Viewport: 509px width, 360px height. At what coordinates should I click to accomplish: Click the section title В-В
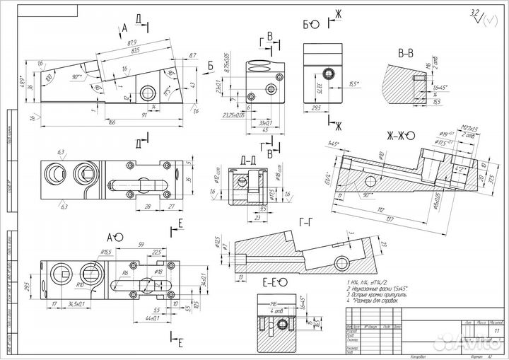[x=406, y=53]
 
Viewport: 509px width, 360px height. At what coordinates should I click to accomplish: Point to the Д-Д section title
[x=248, y=160]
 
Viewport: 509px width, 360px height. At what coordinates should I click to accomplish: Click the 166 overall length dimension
[x=112, y=122]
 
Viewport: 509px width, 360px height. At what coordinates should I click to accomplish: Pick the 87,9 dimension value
[x=131, y=43]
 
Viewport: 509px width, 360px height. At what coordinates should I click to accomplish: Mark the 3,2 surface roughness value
[x=474, y=13]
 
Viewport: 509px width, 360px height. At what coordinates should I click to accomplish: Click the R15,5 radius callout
[x=107, y=252]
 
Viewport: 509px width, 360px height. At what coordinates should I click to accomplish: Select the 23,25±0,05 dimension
[x=234, y=114]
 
